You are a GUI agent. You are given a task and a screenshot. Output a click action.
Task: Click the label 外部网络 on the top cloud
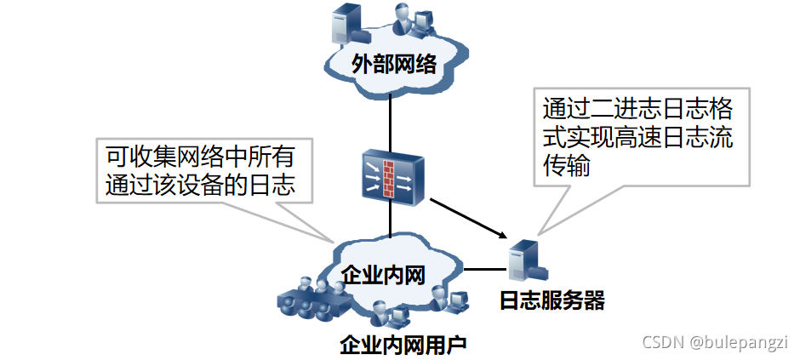tap(394, 65)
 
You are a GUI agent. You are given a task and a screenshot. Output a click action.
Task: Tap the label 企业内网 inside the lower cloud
tap(382, 274)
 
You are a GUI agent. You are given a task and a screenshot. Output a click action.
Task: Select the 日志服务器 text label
tap(552, 300)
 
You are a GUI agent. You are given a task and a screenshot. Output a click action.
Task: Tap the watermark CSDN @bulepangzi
tap(715, 342)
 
